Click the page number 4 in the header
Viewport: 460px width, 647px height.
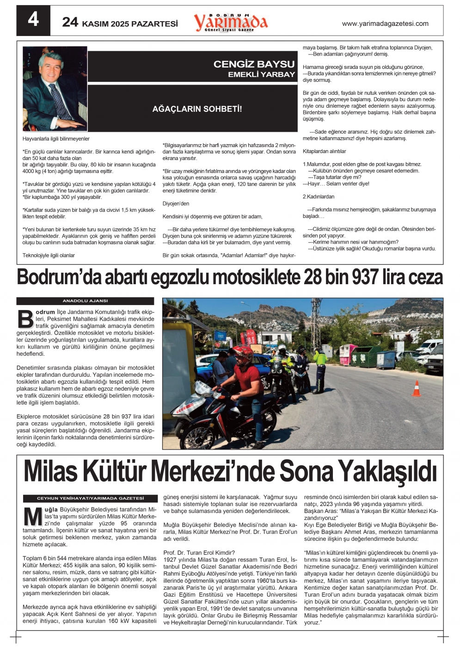(x=33, y=20)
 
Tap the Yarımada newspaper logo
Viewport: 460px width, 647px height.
(x=231, y=22)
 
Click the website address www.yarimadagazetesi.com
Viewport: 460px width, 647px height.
(x=385, y=24)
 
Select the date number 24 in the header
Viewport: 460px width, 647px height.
(x=70, y=22)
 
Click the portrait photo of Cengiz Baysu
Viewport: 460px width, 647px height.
(x=55, y=88)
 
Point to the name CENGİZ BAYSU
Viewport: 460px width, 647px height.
(x=254, y=64)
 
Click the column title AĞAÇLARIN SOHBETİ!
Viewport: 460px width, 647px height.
(x=197, y=109)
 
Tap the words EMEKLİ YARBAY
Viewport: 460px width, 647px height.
(x=261, y=74)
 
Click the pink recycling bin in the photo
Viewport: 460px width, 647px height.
(x=348, y=354)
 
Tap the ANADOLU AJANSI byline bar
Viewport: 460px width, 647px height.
(x=85, y=301)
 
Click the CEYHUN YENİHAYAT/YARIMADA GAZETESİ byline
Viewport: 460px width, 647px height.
(x=90, y=498)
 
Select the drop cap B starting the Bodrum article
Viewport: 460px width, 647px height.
(x=25, y=319)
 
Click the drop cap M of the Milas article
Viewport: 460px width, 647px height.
(x=33, y=517)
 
